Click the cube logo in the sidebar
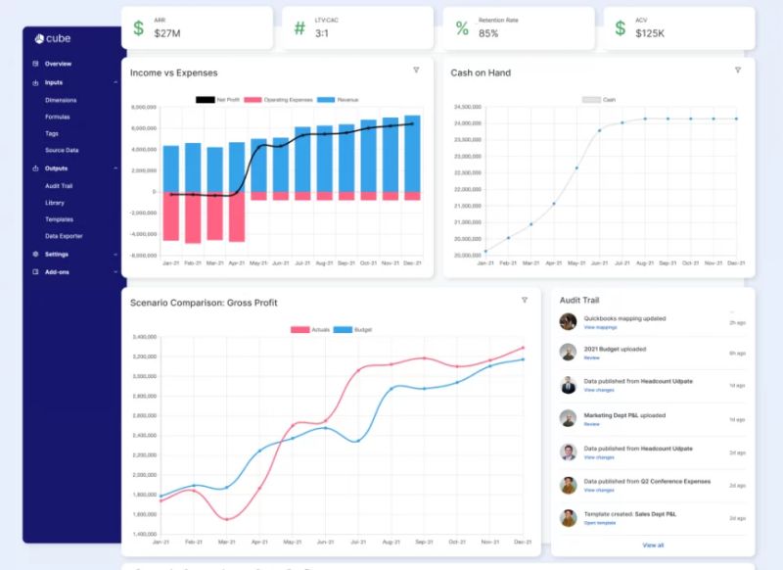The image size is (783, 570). (x=53, y=38)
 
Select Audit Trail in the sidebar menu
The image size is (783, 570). (x=61, y=185)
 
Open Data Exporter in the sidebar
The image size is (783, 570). (x=64, y=236)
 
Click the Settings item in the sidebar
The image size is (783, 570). (x=57, y=254)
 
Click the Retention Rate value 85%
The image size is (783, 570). (x=488, y=33)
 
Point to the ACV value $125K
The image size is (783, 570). (x=650, y=33)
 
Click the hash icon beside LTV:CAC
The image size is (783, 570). (x=299, y=27)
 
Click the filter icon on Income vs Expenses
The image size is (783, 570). (x=416, y=71)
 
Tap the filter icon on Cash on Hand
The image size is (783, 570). (x=737, y=71)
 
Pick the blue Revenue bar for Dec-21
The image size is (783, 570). (x=412, y=153)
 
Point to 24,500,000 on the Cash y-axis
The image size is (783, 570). (x=467, y=107)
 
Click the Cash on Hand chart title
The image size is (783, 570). (x=480, y=72)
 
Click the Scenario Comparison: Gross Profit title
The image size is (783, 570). (x=204, y=303)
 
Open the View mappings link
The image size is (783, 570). (x=600, y=327)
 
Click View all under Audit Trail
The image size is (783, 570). (x=653, y=545)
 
